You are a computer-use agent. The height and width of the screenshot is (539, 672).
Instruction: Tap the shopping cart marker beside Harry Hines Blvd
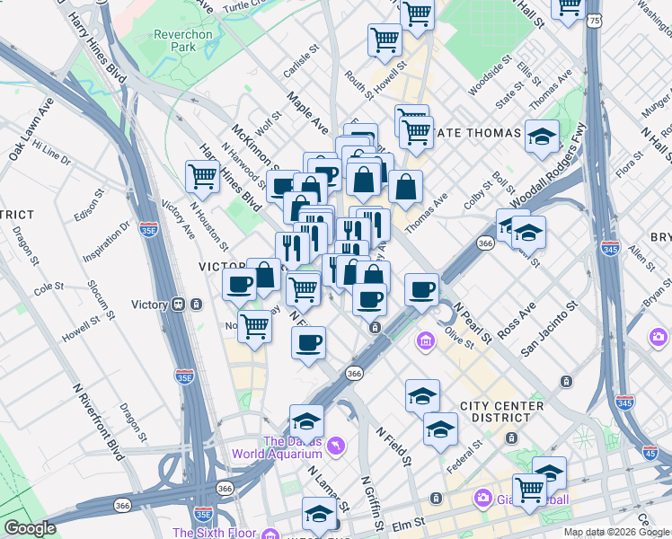point(202,176)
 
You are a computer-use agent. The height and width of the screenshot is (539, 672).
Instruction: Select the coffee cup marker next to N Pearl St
point(421,290)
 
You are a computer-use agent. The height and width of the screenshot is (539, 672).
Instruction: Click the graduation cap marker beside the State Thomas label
point(542,137)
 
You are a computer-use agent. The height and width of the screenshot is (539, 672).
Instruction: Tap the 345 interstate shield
point(611,245)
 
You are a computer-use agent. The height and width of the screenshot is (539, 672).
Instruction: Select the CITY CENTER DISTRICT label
point(500,411)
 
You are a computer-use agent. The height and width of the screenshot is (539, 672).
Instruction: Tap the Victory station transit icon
point(180,304)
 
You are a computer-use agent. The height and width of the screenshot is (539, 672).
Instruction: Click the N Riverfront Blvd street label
point(100,422)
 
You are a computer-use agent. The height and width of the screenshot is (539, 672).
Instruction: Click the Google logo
point(30,528)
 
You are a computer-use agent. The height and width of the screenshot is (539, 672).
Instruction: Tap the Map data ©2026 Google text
point(616,532)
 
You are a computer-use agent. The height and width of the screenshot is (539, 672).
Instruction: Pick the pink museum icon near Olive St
point(426,341)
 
